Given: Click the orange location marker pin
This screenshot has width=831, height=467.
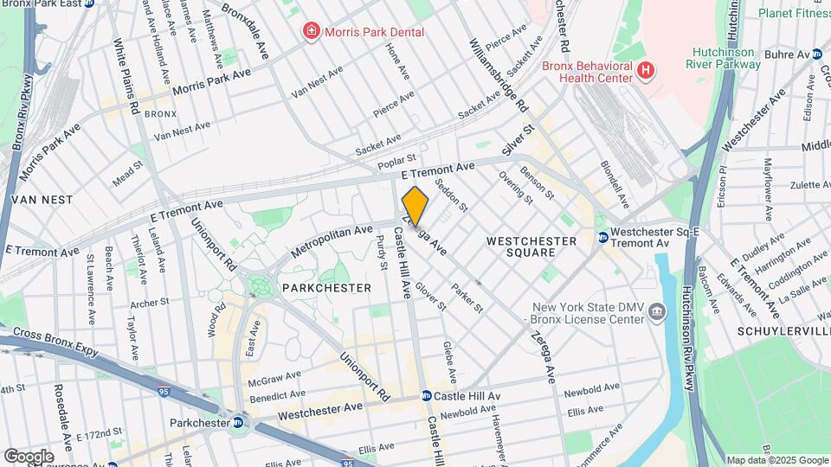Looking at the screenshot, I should [x=415, y=206].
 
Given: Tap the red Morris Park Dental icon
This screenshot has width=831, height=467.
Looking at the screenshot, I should [x=309, y=32].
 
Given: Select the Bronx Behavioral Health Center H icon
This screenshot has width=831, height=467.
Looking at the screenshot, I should [x=644, y=68].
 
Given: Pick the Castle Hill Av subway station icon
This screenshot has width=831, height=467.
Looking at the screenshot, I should [x=427, y=396].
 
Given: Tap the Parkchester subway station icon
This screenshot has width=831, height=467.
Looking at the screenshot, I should [x=237, y=422].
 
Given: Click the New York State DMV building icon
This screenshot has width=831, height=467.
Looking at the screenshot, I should [x=657, y=311].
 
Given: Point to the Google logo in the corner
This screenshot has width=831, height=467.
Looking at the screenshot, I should [x=29, y=455].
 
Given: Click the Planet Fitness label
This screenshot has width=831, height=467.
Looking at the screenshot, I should [x=794, y=13].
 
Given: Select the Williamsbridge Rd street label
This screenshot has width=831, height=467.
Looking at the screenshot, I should [x=499, y=76].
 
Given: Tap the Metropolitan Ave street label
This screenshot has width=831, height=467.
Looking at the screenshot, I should [x=332, y=240].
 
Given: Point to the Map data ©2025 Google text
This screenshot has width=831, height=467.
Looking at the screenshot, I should [x=776, y=460].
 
